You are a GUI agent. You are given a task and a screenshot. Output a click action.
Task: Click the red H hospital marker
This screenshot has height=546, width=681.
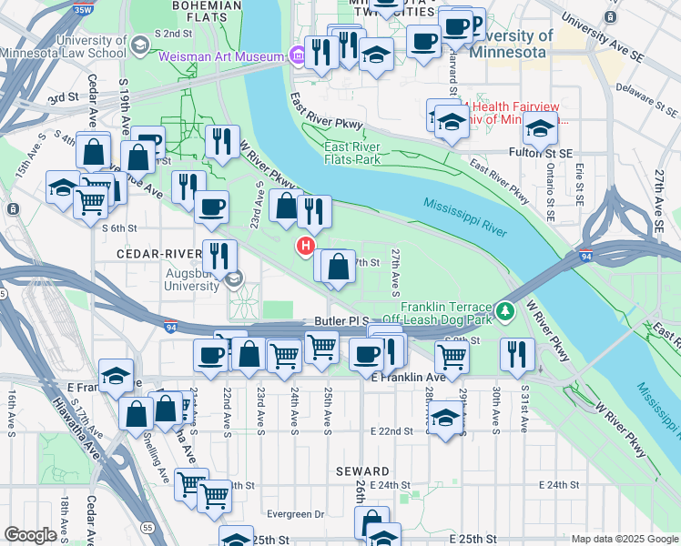(306, 246)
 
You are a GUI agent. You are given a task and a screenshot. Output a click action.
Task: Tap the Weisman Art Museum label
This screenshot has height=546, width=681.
(222, 56)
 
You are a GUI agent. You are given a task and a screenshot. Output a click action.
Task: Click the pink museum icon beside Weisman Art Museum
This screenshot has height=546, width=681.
(297, 56)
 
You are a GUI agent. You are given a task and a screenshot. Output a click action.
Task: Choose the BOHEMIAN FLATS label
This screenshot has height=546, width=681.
(208, 6)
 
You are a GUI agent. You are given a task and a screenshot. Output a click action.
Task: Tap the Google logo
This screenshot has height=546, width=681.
(30, 535)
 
